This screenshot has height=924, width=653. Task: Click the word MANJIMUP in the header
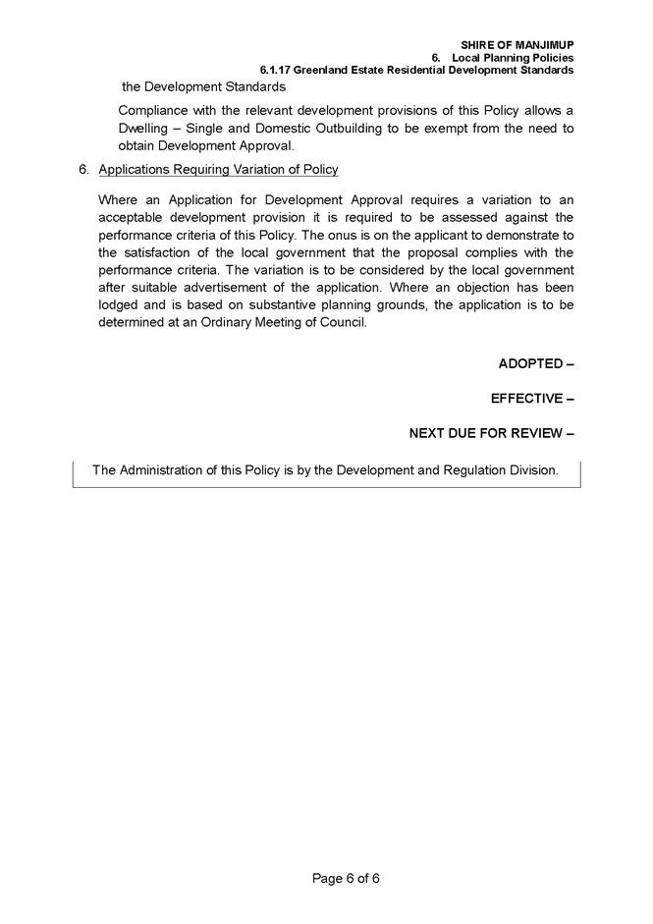point(544,45)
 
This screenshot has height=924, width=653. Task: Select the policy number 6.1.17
point(276,71)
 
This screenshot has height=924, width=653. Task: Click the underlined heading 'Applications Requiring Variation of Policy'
point(218,170)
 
